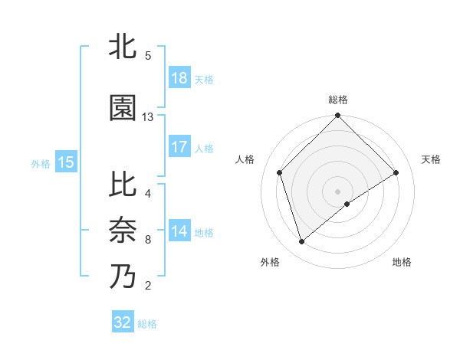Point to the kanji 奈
(x=123, y=230)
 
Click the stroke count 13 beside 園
(x=148, y=117)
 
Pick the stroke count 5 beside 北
(x=148, y=56)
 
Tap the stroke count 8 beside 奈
(x=148, y=240)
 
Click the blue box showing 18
(x=179, y=78)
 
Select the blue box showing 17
(x=179, y=146)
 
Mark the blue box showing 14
(x=179, y=231)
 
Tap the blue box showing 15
(x=66, y=162)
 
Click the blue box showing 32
(x=123, y=322)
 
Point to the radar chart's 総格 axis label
(x=338, y=100)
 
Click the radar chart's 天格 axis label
(x=432, y=159)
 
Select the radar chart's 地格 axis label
(x=402, y=262)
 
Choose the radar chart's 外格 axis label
(x=270, y=262)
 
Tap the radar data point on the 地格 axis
(x=347, y=204)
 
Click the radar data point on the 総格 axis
(x=337, y=116)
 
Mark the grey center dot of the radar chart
(x=337, y=191)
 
